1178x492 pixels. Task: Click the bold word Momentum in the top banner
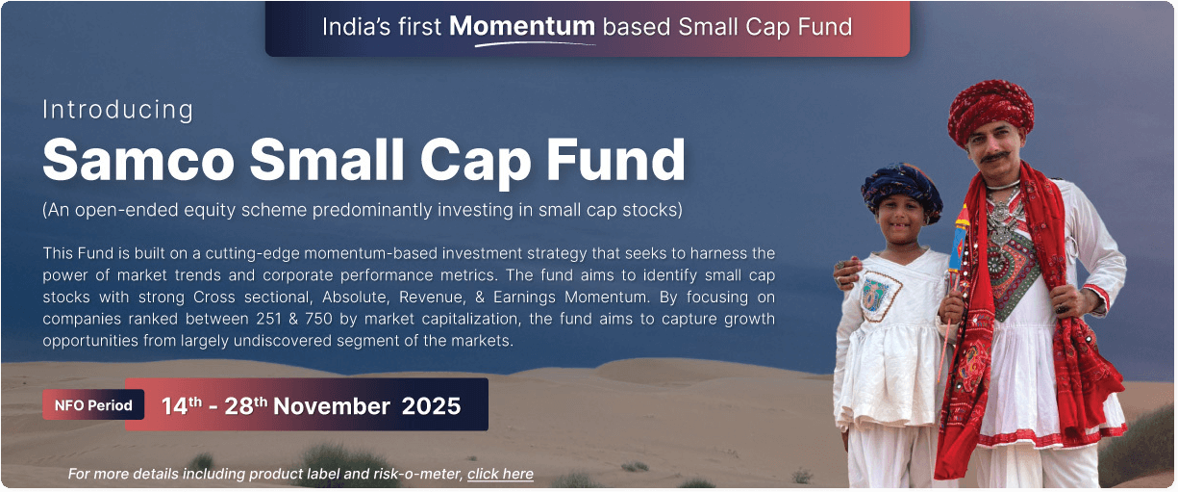pos(522,26)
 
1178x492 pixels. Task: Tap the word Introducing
pos(118,110)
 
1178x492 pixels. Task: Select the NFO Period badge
pos(93,405)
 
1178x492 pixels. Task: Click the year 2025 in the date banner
pos(431,406)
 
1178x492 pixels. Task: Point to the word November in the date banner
pos(332,406)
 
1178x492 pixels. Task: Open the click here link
pos(500,474)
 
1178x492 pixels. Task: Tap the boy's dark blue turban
pos(901,191)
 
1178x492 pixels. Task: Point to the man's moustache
pos(995,156)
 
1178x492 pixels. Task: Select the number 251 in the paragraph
pos(268,319)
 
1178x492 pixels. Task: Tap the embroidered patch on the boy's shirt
pos(881,296)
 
